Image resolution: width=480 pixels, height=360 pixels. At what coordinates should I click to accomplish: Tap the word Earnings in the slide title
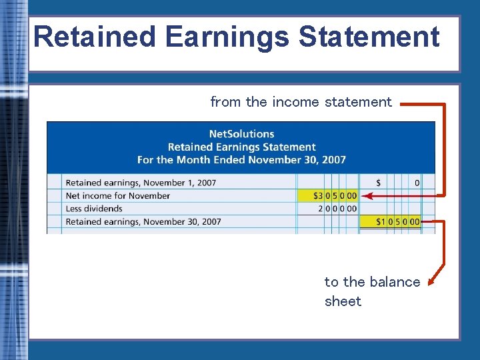[227, 37]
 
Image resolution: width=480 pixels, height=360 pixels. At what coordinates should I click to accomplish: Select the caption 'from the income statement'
[301, 102]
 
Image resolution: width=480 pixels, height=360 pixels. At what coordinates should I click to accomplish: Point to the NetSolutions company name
[241, 134]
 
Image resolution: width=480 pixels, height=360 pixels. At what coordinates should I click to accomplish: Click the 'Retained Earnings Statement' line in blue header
[241, 147]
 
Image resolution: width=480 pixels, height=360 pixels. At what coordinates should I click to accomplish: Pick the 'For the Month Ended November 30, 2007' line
[241, 159]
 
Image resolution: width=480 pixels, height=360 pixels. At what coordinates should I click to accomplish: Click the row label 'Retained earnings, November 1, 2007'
[141, 183]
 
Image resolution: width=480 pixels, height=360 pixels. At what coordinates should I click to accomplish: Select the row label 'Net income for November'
[118, 196]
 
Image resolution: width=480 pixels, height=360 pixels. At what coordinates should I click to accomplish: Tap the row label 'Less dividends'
[94, 209]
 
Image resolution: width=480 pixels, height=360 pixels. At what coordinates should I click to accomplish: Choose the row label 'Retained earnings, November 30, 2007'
[143, 221]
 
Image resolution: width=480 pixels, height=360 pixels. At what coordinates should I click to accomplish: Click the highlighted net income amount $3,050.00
[335, 196]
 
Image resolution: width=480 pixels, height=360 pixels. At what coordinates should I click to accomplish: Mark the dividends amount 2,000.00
[337, 209]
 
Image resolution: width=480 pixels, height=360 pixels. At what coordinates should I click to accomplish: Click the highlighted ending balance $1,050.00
[397, 221]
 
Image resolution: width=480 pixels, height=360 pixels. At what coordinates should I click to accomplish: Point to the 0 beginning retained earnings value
[417, 183]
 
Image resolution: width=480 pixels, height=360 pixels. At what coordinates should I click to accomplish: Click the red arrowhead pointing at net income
[368, 196]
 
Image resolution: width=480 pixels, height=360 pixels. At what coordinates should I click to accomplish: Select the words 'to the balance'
[372, 282]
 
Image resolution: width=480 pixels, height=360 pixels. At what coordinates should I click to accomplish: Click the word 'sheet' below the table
[343, 301]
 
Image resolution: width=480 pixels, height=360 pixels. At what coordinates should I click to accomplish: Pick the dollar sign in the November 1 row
[379, 183]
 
